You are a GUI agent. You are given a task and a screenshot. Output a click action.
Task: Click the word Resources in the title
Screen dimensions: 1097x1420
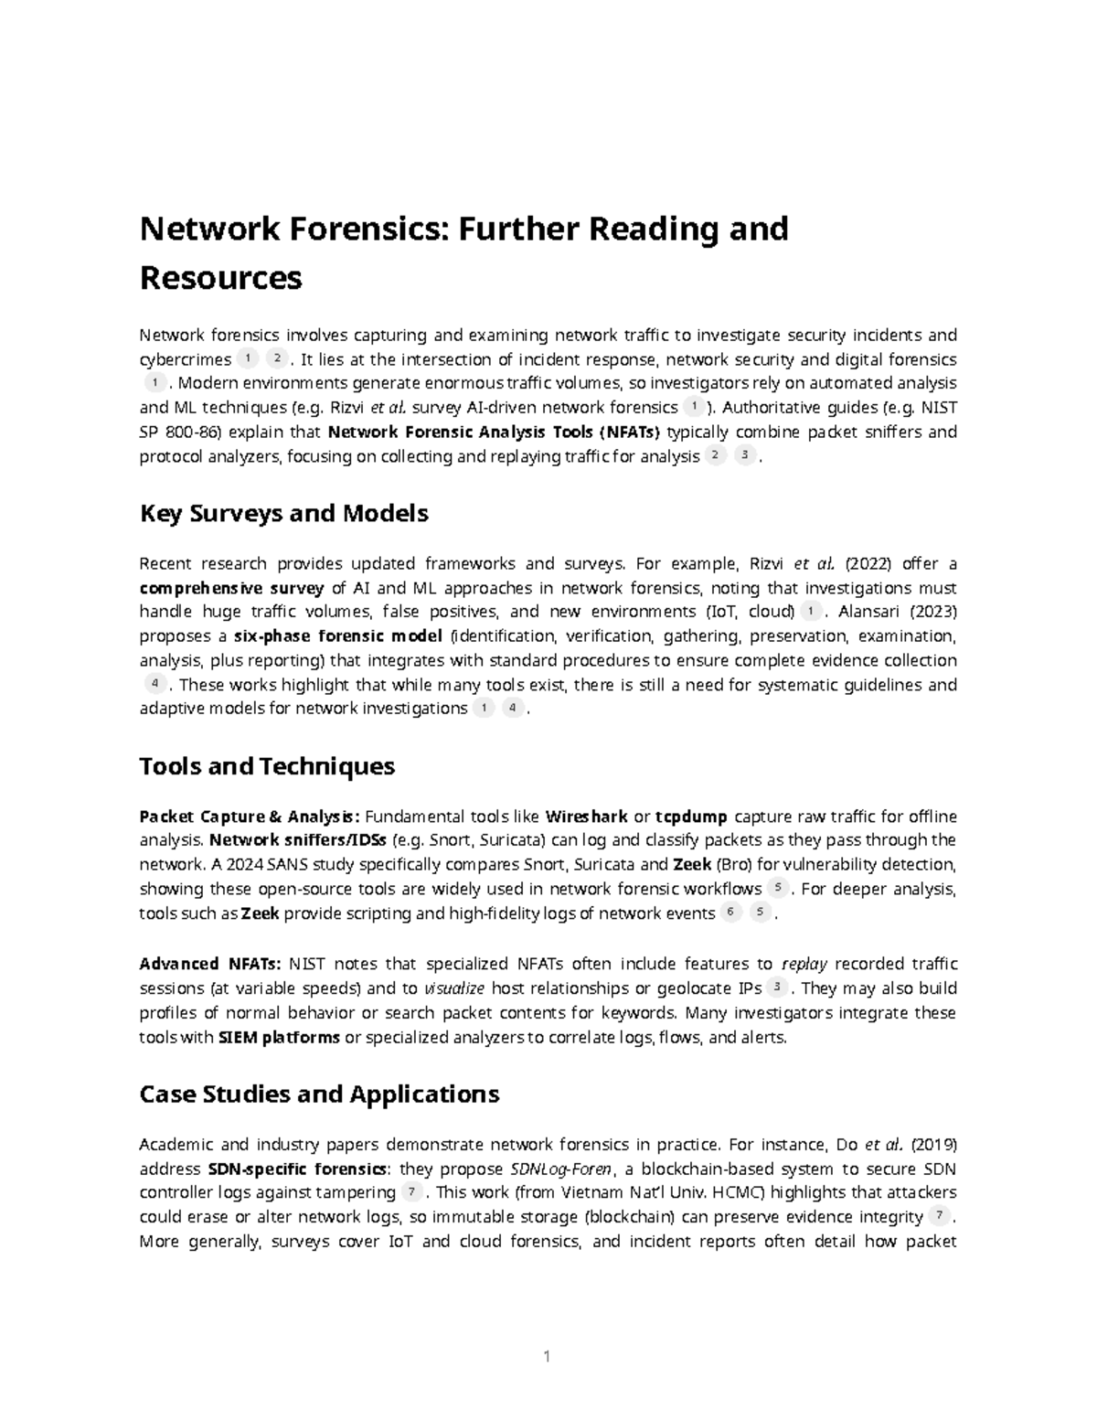click(220, 277)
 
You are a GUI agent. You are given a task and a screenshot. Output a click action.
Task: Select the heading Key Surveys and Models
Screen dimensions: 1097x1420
click(283, 514)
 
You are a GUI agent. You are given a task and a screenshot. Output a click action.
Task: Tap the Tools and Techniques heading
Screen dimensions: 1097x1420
click(266, 765)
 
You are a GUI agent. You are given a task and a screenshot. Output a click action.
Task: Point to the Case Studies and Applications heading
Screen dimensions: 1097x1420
click(319, 1094)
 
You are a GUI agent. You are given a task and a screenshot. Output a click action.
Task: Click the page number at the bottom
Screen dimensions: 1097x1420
click(547, 1356)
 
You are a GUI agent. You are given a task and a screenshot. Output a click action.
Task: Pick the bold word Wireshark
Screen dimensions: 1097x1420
click(586, 817)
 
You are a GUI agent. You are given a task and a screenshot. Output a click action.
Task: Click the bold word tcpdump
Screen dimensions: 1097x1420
click(693, 817)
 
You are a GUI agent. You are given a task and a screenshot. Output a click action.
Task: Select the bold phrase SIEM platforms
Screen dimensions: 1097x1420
click(279, 1037)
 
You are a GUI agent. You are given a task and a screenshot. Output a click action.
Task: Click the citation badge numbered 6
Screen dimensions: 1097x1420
click(730, 912)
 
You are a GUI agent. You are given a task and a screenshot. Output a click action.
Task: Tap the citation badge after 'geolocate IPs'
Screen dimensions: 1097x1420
click(777, 987)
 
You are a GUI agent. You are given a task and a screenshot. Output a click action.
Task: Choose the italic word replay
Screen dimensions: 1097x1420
click(805, 964)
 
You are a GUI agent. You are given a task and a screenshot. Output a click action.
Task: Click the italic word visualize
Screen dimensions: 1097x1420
click(454, 988)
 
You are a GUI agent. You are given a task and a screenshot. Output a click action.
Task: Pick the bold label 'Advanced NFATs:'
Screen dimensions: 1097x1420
click(210, 964)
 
